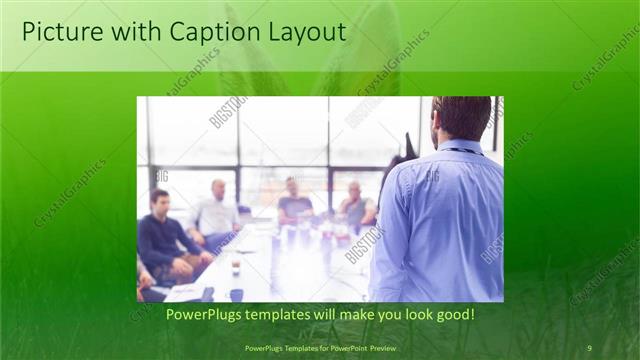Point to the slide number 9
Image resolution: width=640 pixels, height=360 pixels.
(x=589, y=347)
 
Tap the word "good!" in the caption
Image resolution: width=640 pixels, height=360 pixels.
(x=452, y=315)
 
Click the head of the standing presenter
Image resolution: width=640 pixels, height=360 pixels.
(x=462, y=118)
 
